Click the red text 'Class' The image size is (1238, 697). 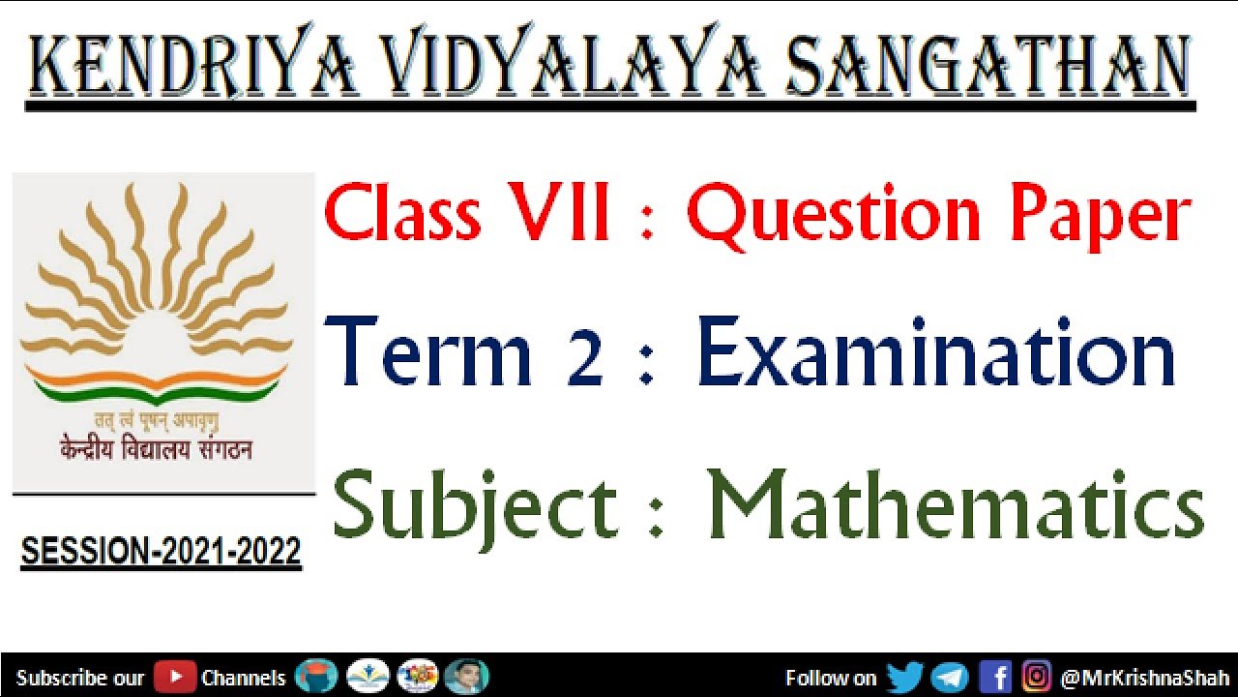pyautogui.click(x=402, y=214)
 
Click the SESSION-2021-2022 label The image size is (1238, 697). pyautogui.click(x=161, y=553)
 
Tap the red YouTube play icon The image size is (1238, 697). pyautogui.click(x=174, y=677)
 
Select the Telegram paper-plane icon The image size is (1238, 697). pyautogui.click(x=950, y=677)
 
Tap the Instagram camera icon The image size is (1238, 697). pyautogui.click(x=1036, y=677)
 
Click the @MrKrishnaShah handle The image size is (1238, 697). pyautogui.click(x=1143, y=678)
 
